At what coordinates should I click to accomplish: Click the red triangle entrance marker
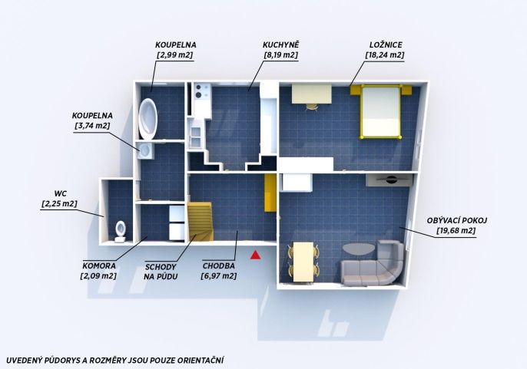(255, 255)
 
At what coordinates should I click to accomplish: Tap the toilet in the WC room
(121, 232)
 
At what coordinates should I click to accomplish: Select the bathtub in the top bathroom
(147, 119)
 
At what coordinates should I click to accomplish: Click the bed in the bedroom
(380, 111)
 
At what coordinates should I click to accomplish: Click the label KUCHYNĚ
(280, 44)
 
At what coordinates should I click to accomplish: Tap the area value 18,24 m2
(385, 55)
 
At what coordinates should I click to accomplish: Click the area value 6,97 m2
(219, 276)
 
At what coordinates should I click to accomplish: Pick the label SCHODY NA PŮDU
(161, 272)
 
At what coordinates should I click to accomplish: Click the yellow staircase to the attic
(201, 222)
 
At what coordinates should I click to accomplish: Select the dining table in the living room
(303, 262)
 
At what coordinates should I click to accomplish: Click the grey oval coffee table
(359, 249)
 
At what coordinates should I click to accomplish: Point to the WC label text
(61, 194)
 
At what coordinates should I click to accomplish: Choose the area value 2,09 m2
(98, 276)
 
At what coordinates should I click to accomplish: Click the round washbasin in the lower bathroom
(146, 150)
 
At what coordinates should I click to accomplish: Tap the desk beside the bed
(312, 94)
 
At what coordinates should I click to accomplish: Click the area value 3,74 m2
(92, 126)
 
